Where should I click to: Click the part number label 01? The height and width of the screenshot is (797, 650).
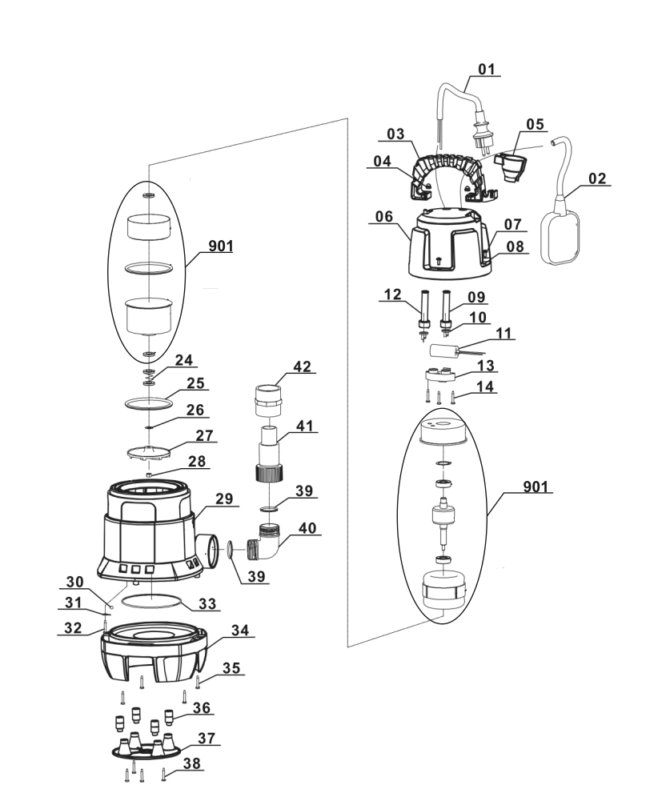[487, 69]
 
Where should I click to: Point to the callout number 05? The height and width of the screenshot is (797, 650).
[534, 124]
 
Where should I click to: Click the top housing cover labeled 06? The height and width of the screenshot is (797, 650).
[447, 241]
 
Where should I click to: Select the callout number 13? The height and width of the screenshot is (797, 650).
[486, 366]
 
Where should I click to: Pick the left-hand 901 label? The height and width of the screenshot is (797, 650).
[220, 246]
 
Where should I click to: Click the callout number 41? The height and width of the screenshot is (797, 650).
[305, 427]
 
